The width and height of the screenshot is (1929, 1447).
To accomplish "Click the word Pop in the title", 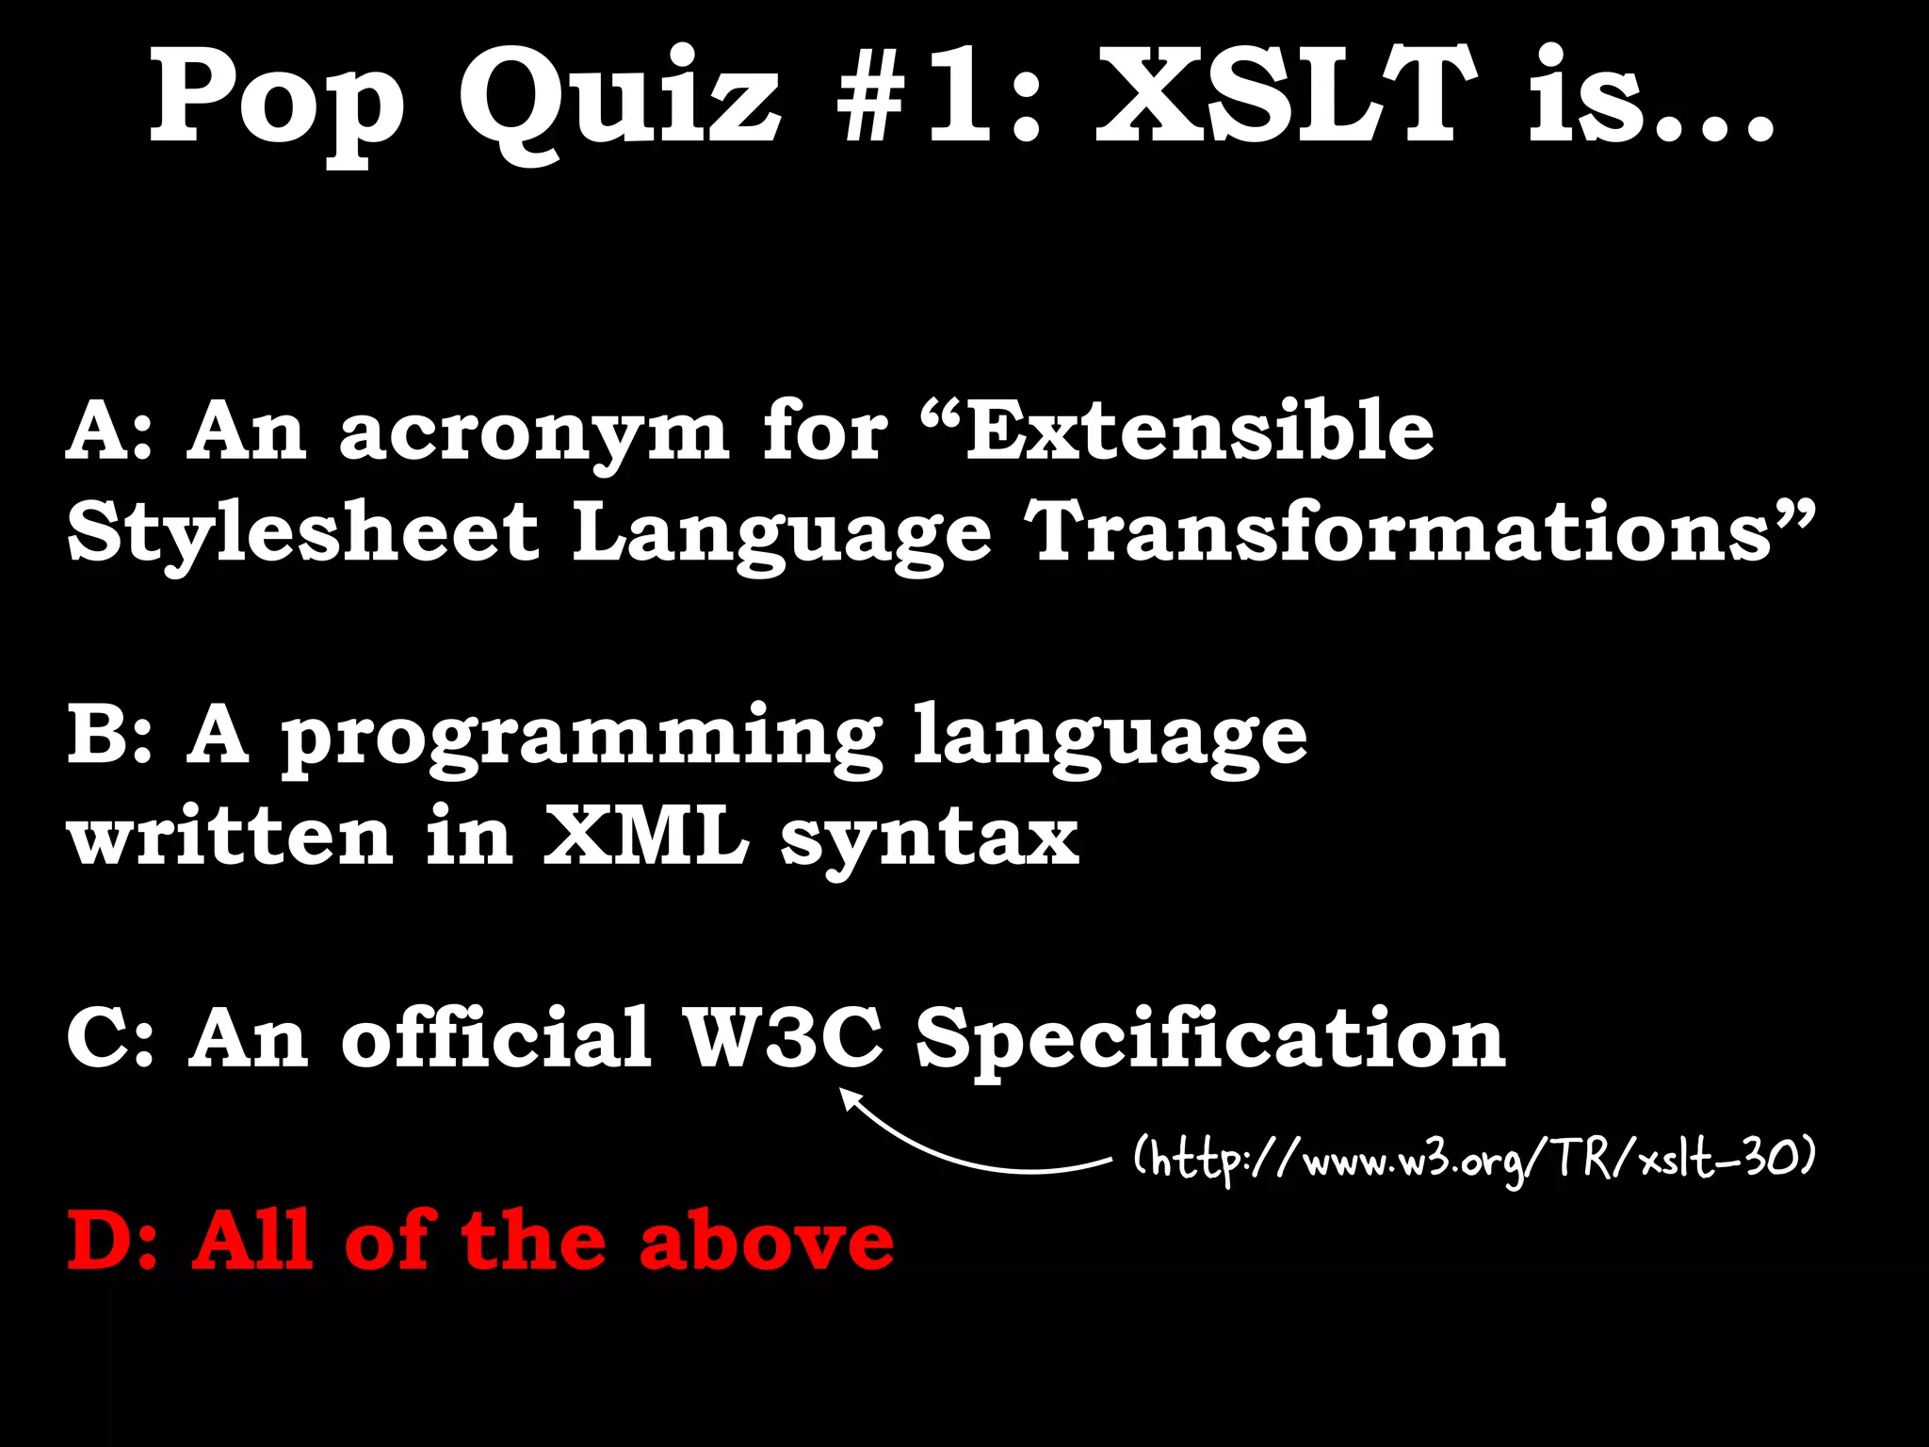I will pyautogui.click(x=278, y=104).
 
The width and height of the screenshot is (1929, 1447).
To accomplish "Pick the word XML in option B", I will pyautogui.click(x=645, y=837).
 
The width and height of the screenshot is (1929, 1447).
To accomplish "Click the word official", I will pyautogui.click(x=495, y=1037).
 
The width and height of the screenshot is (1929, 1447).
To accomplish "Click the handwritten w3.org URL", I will pyautogui.click(x=1473, y=1161).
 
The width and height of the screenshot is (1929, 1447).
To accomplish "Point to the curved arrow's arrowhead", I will pyautogui.click(x=850, y=1099).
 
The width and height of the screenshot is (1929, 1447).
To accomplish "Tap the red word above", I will pyautogui.click(x=766, y=1241).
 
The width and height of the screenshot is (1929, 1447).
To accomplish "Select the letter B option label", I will pyautogui.click(x=97, y=737).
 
